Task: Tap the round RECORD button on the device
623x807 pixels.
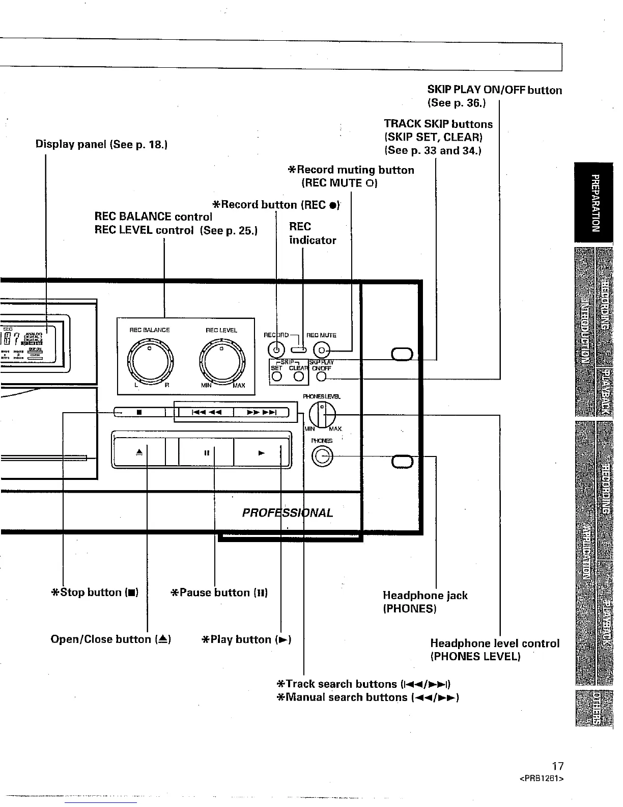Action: click(x=276, y=350)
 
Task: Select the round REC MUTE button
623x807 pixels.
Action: click(x=322, y=351)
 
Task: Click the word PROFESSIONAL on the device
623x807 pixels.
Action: click(x=288, y=513)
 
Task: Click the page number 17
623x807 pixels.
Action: click(x=558, y=766)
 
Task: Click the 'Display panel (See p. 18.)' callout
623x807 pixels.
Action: click(x=102, y=144)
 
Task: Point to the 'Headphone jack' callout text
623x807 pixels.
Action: click(x=425, y=596)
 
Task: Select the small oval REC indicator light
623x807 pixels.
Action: click(x=298, y=350)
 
